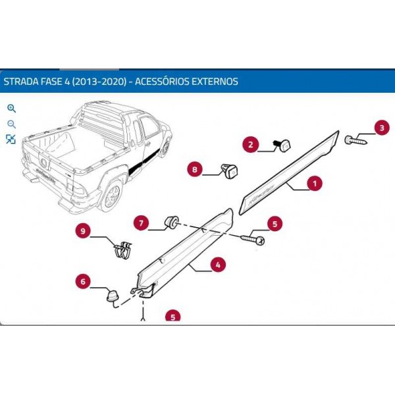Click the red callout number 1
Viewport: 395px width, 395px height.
pyautogui.click(x=315, y=183)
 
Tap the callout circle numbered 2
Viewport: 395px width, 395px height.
pyautogui.click(x=250, y=144)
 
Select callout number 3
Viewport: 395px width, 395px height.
pyautogui.click(x=381, y=127)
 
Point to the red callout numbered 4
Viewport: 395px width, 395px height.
pyautogui.click(x=217, y=265)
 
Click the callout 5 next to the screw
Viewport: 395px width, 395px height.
pyautogui.click(x=275, y=224)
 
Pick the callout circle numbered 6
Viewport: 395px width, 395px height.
pyautogui.click(x=83, y=282)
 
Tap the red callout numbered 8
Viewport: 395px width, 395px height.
pyautogui.click(x=194, y=169)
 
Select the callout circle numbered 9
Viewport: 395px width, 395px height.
pyautogui.click(x=83, y=230)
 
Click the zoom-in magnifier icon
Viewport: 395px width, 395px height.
pyautogui.click(x=11, y=109)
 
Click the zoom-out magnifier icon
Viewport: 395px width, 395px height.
pyautogui.click(x=11, y=124)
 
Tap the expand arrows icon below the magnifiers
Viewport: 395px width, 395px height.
pyautogui.click(x=11, y=139)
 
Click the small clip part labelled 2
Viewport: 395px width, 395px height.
pyautogui.click(x=285, y=145)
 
